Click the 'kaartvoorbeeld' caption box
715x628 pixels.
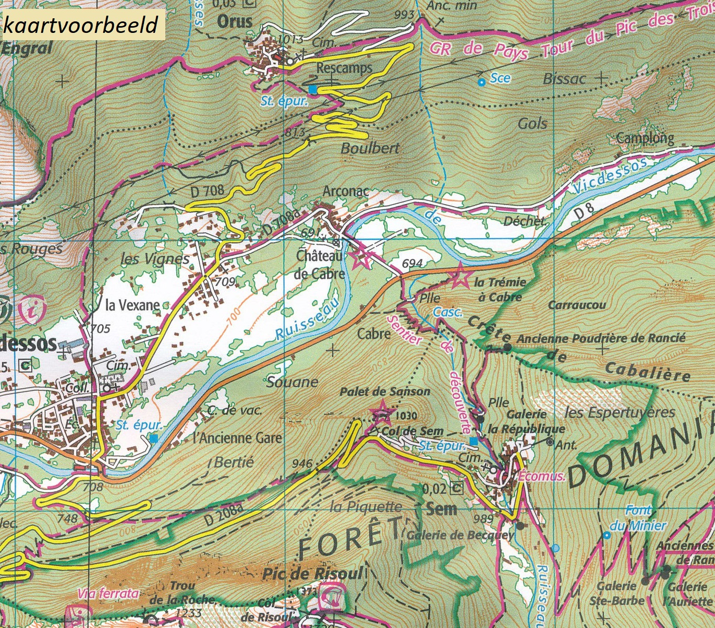point(82,25)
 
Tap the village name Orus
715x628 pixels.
point(235,22)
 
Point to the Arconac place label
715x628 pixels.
point(346,192)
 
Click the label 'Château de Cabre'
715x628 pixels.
point(320,265)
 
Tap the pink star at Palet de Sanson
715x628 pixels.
point(382,412)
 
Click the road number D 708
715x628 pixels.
point(207,191)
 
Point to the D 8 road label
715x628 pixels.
point(585,213)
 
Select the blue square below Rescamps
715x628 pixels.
point(312,89)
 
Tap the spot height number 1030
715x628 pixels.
point(407,416)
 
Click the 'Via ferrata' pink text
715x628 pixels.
point(108,594)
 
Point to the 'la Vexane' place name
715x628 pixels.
point(132,305)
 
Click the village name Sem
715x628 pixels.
point(441,509)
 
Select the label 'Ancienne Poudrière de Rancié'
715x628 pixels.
point(601,339)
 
